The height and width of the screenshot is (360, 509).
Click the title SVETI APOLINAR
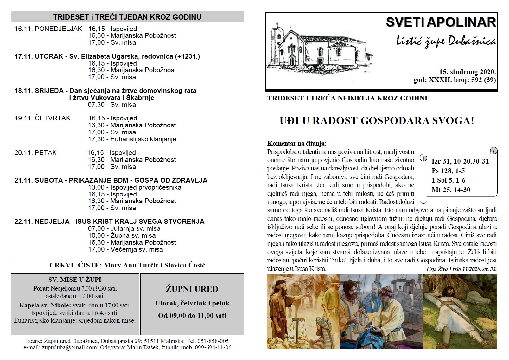coord(441,22)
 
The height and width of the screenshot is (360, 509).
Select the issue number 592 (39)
coord(483,80)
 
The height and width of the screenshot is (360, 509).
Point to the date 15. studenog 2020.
coord(467,72)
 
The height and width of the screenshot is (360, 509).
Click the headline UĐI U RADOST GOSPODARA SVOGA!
coord(377,121)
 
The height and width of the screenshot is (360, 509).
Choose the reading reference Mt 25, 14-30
coord(451,190)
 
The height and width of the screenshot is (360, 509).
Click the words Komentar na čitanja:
coord(296,144)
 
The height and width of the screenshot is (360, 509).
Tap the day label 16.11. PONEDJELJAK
coord(48,29)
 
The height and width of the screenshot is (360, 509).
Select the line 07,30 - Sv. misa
coord(112,105)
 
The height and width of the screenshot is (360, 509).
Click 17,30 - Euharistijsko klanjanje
coord(132,139)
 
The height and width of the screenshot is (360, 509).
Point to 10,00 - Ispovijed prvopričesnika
coord(135,187)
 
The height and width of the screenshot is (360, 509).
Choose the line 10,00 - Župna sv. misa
coord(122,235)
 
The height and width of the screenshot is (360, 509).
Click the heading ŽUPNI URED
coord(192,289)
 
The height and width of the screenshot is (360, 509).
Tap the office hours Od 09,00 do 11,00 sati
coord(192,316)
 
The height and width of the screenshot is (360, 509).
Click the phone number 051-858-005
coord(213,341)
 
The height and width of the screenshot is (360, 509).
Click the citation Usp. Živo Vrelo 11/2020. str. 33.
coord(461,269)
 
